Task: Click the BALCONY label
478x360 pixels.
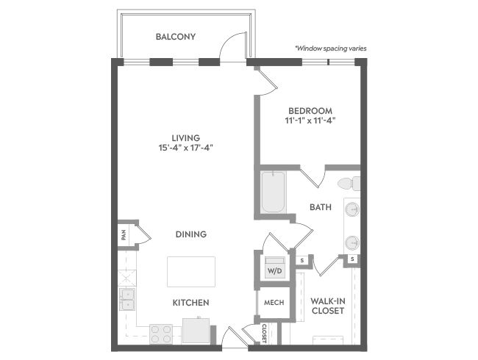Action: coord(176,37)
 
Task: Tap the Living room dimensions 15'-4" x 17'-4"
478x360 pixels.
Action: coord(185,148)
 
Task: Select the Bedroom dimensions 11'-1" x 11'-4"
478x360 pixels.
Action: coord(310,120)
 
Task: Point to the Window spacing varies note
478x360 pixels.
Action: coord(331,48)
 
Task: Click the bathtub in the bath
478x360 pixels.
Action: coord(273,192)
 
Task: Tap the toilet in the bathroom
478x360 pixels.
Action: coord(349,184)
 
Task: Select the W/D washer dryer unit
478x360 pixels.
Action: coord(275,267)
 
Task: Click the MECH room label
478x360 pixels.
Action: coord(274,303)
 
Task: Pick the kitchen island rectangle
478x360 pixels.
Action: coord(191,271)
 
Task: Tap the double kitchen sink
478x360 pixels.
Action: coord(127,299)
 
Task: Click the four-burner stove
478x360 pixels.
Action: coord(161,334)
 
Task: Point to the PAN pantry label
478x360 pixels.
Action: coord(124,235)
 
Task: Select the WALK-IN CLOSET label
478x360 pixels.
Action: coord(328,306)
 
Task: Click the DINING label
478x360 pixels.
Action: coord(191,234)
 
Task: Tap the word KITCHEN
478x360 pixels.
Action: coord(191,303)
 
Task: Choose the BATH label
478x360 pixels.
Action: coord(321,207)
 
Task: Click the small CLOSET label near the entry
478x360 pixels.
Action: coord(264,334)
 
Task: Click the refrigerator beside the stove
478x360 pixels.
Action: coord(196,331)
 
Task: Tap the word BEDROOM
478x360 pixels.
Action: coord(310,111)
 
